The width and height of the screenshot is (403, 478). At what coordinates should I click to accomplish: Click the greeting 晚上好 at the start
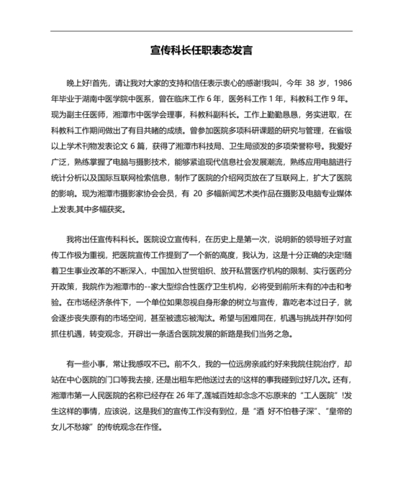coord(78,83)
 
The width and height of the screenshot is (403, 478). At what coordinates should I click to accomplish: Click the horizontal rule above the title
coord(201,31)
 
